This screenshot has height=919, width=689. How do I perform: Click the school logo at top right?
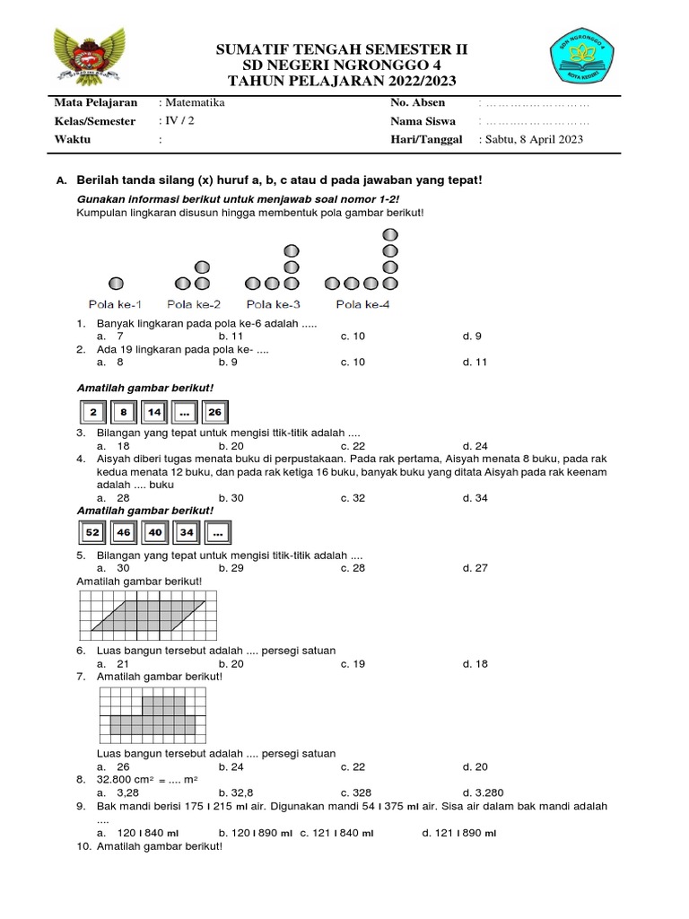tap(587, 63)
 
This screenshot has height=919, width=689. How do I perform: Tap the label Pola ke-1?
tap(114, 304)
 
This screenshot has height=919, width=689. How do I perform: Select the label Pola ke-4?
tap(362, 304)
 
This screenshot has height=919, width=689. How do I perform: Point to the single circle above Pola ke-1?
tap(115, 284)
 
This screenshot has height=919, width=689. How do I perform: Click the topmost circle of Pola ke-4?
tap(389, 234)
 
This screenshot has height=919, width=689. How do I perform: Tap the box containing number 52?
tap(92, 533)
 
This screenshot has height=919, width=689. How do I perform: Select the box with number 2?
tap(92, 413)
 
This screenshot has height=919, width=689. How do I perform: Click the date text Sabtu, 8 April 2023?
tap(533, 139)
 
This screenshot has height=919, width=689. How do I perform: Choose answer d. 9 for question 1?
tap(472, 336)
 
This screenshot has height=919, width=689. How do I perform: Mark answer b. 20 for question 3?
tap(231, 445)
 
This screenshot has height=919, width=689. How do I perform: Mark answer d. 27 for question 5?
tap(475, 567)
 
